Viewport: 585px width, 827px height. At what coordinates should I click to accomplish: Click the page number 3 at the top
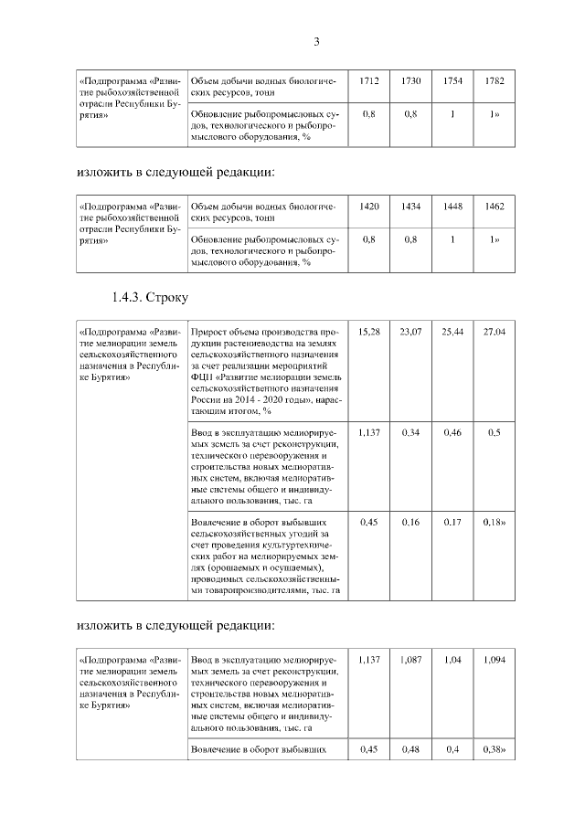click(316, 41)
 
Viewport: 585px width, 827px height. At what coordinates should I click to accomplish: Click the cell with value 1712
click(369, 82)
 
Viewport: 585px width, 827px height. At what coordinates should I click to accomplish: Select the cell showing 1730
click(410, 82)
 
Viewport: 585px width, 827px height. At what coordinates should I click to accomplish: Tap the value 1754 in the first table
click(452, 82)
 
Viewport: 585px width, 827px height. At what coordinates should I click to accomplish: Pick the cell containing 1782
click(495, 82)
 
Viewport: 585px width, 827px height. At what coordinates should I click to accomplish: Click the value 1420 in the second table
click(369, 207)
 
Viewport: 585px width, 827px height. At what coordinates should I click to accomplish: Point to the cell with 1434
click(410, 207)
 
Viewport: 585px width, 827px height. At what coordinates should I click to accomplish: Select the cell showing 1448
click(452, 207)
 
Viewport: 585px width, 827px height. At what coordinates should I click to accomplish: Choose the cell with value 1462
click(495, 207)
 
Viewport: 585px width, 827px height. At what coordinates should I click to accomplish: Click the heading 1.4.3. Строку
click(150, 297)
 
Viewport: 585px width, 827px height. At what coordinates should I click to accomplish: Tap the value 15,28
click(369, 331)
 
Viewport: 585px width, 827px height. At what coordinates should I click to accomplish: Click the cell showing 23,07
click(410, 331)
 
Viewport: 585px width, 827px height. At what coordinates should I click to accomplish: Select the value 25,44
click(452, 331)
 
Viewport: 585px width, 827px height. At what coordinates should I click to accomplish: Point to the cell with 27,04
click(495, 331)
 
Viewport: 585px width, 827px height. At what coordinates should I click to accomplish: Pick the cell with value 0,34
click(410, 431)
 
